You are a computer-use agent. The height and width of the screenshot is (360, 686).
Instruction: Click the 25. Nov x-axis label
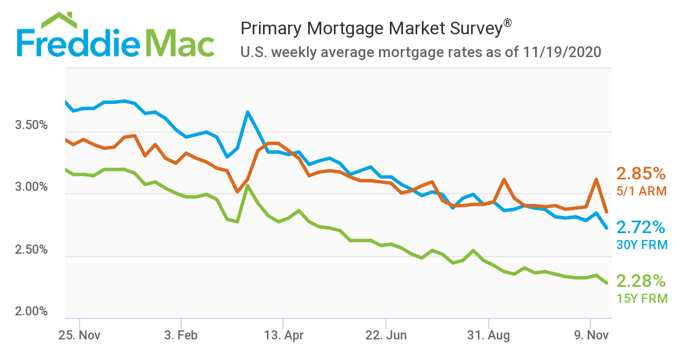click(79, 335)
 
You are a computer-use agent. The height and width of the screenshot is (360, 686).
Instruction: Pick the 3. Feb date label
click(181, 335)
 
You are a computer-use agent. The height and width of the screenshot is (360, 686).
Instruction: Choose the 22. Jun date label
click(386, 335)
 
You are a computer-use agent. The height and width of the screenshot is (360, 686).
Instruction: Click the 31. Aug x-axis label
click(489, 335)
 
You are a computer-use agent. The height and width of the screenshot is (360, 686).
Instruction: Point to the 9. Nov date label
click(590, 335)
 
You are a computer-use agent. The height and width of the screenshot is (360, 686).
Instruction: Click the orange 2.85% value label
click(641, 174)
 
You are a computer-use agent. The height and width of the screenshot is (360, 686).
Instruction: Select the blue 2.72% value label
click(641, 227)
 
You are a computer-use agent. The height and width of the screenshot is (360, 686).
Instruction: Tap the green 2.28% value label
click(641, 281)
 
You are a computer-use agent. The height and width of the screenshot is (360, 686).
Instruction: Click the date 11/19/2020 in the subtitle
click(561, 53)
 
